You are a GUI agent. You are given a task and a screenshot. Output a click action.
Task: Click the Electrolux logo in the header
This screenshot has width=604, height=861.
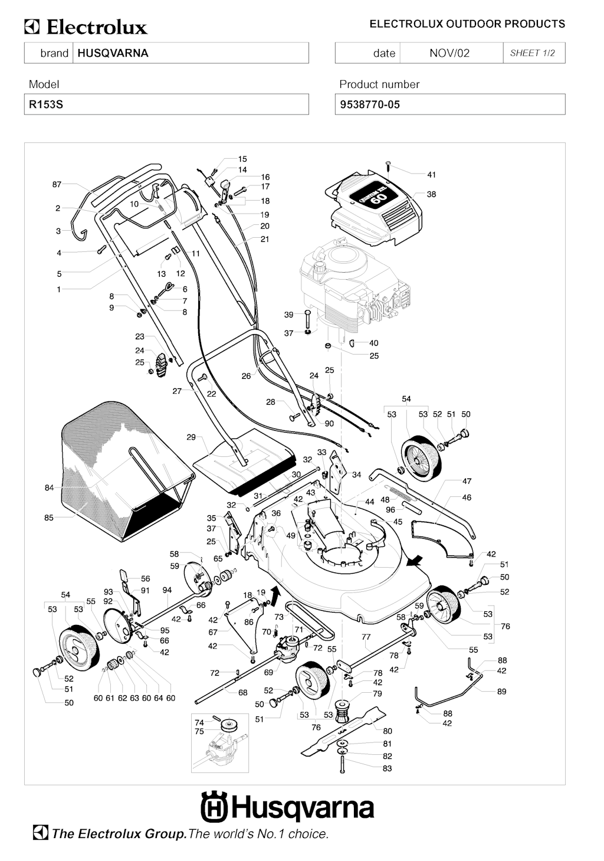(x=86, y=27)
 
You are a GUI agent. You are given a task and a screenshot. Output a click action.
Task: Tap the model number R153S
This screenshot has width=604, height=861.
(x=46, y=105)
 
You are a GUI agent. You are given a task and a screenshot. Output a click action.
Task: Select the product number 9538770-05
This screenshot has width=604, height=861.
(x=370, y=105)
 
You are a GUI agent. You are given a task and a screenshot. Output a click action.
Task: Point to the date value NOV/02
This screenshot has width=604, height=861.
(x=449, y=53)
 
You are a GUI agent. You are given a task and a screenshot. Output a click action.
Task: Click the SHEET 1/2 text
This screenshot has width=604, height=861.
(x=533, y=53)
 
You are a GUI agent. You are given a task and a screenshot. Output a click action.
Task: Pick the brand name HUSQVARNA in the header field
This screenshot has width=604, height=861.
(x=113, y=53)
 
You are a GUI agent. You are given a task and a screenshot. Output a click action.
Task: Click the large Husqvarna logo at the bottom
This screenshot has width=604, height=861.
(x=287, y=808)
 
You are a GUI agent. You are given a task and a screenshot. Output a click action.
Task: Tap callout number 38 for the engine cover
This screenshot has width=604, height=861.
(x=431, y=194)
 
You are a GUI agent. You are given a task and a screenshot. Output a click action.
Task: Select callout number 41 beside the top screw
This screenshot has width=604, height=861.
(x=431, y=175)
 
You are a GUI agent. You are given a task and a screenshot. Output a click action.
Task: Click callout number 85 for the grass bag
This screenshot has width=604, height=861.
(x=48, y=518)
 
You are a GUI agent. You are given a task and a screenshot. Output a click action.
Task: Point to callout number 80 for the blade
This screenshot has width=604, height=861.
(x=388, y=731)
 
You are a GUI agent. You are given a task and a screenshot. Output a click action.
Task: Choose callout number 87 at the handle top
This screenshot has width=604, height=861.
(x=57, y=185)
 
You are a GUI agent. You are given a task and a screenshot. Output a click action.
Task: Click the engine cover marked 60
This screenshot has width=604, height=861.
(x=375, y=207)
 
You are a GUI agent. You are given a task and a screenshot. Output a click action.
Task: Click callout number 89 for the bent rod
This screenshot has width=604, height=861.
(x=501, y=692)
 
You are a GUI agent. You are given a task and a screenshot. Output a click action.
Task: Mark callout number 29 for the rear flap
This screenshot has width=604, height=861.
(x=191, y=437)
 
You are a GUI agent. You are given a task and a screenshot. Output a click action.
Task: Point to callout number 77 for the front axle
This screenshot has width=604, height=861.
(x=366, y=637)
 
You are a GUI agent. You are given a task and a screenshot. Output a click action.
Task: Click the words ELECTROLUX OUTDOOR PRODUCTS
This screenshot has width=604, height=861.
(x=467, y=24)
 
